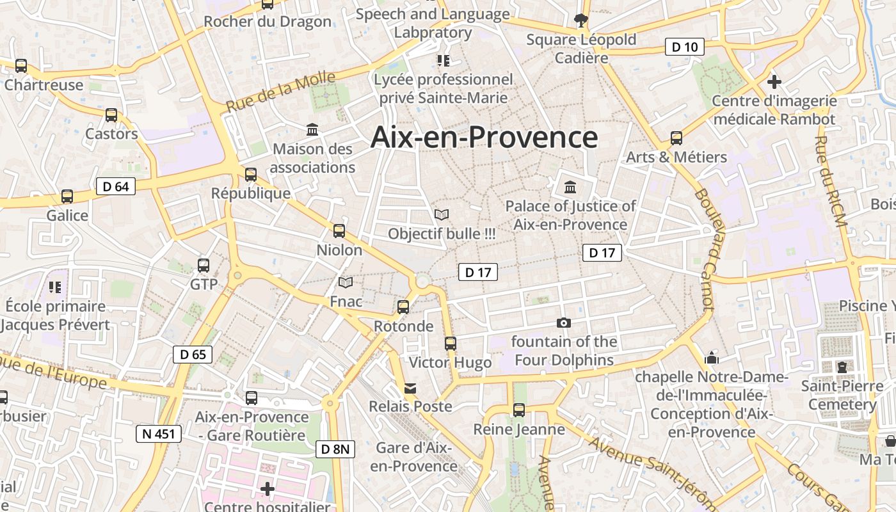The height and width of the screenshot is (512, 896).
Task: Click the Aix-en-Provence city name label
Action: coord(484,138)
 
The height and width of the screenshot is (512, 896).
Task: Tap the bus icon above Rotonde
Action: coord(403,307)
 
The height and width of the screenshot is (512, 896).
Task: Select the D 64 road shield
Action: coord(116,186)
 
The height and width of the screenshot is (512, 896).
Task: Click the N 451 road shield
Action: coord(159,434)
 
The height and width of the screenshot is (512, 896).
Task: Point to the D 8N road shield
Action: coord(335,449)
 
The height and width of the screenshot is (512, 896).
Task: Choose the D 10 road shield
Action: coord(684,47)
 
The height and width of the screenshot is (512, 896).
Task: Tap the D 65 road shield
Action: coord(193,355)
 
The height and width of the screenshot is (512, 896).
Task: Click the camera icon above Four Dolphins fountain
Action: coord(564,323)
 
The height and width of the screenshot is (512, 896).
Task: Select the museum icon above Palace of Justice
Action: coord(570,188)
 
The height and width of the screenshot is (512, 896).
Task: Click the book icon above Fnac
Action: coord(346,282)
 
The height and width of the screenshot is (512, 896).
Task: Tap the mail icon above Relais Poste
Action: coord(410,388)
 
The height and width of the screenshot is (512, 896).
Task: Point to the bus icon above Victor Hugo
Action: coord(451,344)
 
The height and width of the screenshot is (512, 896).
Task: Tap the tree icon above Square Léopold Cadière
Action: coord(581,20)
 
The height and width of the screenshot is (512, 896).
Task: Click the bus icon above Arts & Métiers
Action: coord(676,138)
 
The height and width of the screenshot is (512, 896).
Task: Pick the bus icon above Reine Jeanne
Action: coord(519,410)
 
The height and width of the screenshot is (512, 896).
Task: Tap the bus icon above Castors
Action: coord(111,115)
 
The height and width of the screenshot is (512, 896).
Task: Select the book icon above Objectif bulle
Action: coord(442,215)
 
